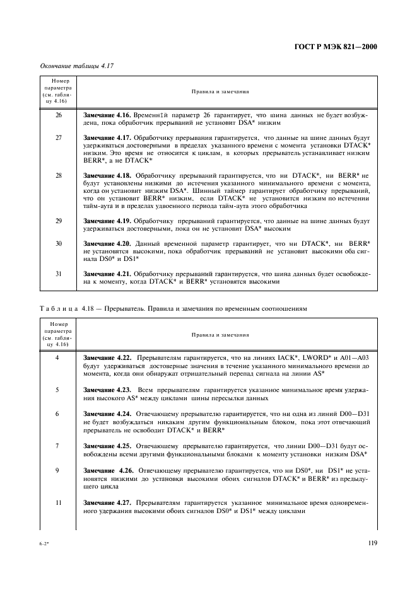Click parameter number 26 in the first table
59,116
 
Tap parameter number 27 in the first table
59,137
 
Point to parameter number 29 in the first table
59,221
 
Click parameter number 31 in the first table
59,273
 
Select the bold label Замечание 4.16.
106,116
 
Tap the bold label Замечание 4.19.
106,221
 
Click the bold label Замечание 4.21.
106,273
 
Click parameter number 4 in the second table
59,357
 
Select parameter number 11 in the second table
59,504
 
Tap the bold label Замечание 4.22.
106,357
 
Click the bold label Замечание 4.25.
106,446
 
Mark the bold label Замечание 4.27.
106,504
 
